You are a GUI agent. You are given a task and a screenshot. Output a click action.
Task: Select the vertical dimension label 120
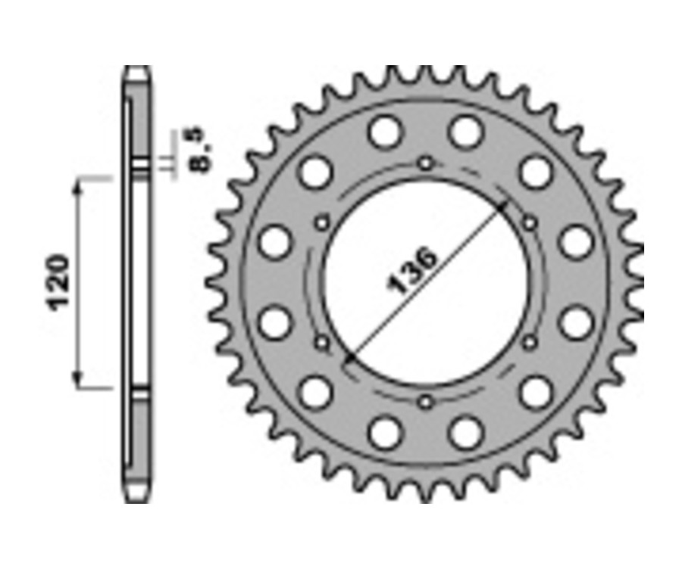(58, 282)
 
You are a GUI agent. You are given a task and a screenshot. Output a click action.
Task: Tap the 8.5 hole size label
(203, 151)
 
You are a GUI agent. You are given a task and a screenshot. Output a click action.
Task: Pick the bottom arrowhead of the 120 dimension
(77, 382)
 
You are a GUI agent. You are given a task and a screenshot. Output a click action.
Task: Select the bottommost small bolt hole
(426, 400)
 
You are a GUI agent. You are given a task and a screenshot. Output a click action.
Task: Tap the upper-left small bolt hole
(323, 223)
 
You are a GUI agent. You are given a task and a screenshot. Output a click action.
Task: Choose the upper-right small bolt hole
(529, 223)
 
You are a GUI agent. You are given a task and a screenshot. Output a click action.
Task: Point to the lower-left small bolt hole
(323, 343)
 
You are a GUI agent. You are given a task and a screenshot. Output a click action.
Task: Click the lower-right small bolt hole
(529, 343)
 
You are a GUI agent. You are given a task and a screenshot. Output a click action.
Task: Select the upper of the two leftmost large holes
(274, 242)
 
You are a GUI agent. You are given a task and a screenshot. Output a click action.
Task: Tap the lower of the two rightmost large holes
(576, 322)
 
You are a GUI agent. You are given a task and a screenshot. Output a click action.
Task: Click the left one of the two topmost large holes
(385, 132)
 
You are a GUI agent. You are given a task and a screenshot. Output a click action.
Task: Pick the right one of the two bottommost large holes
(465, 432)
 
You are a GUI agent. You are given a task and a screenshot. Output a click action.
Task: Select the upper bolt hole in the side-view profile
(137, 166)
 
